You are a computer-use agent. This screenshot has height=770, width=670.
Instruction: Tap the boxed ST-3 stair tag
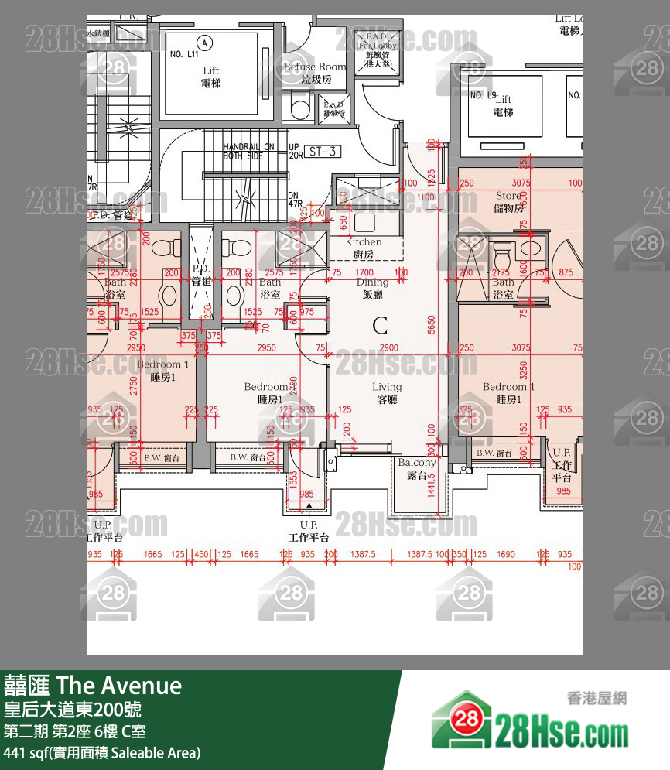pos(321,152)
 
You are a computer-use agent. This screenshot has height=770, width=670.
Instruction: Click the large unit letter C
pos(380,326)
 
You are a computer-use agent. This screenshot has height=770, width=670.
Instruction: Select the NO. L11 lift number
pos(185,56)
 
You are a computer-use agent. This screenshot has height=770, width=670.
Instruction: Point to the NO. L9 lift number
pos(481,95)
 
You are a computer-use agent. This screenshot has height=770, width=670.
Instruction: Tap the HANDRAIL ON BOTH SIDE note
pos(248,150)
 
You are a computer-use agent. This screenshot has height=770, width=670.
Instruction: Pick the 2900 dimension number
pos(389,349)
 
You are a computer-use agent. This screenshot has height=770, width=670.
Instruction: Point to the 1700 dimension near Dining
pos(364,273)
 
